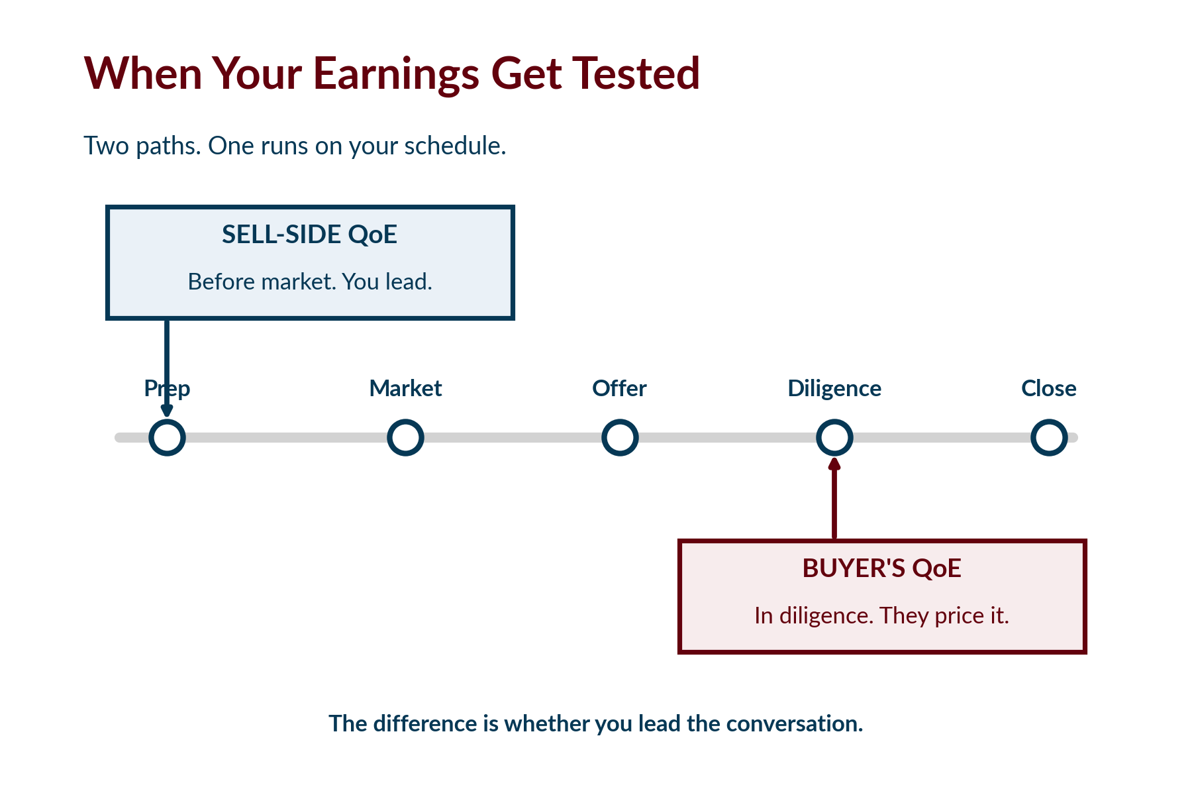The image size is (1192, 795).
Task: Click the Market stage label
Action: click(x=405, y=388)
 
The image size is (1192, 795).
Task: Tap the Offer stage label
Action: click(x=619, y=388)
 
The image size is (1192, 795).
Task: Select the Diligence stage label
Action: click(x=834, y=389)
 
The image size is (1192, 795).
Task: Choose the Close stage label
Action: click(x=1049, y=388)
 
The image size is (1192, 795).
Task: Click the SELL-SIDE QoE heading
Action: click(x=309, y=235)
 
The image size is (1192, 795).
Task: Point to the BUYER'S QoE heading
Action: click(x=881, y=568)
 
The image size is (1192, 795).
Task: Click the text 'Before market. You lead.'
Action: click(x=310, y=282)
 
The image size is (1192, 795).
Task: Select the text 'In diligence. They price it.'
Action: click(x=881, y=616)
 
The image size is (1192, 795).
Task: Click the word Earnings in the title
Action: click(x=396, y=74)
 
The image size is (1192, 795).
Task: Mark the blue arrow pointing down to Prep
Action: click(x=167, y=368)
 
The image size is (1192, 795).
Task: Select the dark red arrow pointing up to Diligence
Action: click(x=834, y=498)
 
